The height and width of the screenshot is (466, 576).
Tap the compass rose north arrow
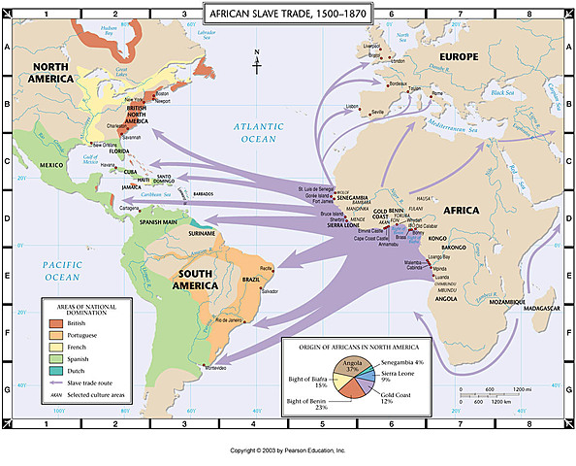pyautogui.click(x=256, y=60)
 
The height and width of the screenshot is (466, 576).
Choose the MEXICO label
pyautogui.click(x=50, y=165)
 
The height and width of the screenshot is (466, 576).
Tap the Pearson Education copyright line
pyautogui.click(x=288, y=450)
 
